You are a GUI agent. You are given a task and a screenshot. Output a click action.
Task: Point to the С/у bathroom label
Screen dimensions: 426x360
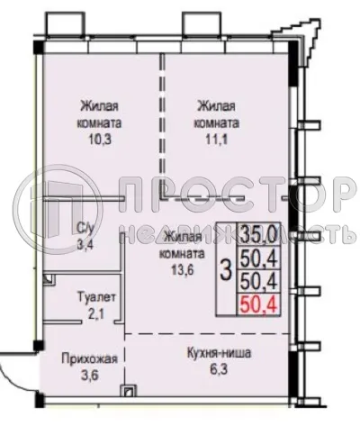(87, 228)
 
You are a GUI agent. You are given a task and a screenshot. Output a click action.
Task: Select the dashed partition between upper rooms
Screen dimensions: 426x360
(162, 126)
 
